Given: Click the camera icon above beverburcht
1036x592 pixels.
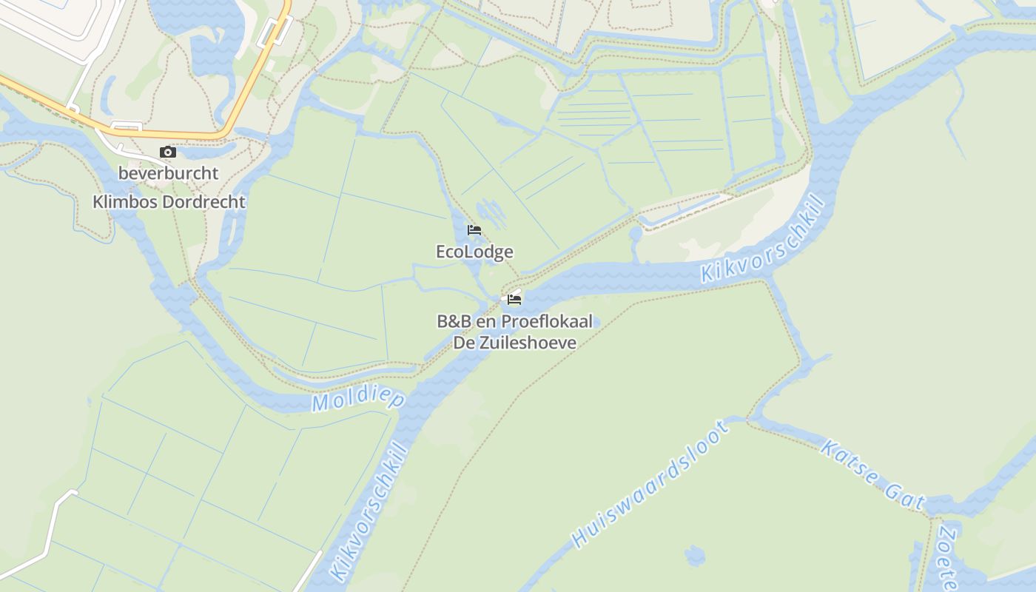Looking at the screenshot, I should (x=168, y=152).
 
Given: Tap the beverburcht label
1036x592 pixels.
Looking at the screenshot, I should (x=169, y=173).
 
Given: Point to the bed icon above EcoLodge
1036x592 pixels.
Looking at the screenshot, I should (x=474, y=230).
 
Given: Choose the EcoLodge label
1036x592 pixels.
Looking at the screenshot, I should (x=474, y=252).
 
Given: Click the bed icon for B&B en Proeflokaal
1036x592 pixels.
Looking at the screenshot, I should (x=514, y=300).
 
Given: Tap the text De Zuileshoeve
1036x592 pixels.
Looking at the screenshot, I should (x=515, y=343).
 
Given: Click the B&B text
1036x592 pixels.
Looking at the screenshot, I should (x=453, y=321).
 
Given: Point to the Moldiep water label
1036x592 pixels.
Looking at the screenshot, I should (x=358, y=400).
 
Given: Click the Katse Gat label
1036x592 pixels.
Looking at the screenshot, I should (x=873, y=474).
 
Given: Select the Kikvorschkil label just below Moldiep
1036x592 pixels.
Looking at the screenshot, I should (x=369, y=511).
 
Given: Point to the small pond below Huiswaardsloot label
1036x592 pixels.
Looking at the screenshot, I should (x=695, y=555).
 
